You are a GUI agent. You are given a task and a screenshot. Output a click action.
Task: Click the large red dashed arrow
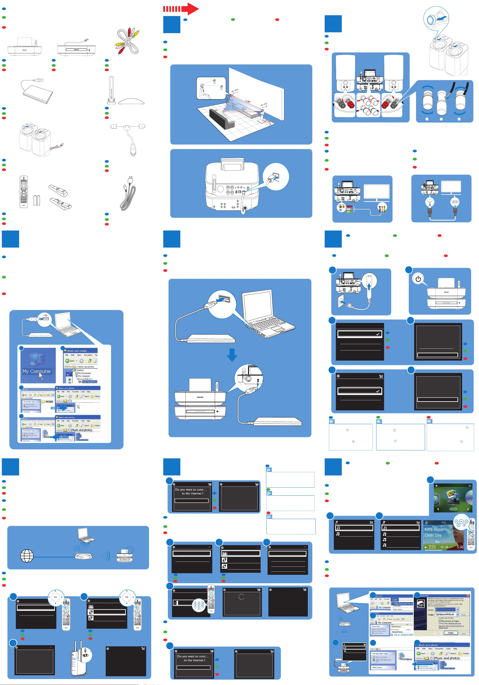coord(181,9)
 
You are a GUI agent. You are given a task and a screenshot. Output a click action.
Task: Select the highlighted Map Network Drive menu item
coord(403,603)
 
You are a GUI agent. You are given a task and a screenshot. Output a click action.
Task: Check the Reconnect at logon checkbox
coord(440,621)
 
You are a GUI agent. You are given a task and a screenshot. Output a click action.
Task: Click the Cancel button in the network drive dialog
coord(463,633)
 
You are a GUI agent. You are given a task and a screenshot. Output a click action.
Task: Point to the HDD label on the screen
coord(453,509)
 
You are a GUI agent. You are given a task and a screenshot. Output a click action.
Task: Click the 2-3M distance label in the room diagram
coord(247,101)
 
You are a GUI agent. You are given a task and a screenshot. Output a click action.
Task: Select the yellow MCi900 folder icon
coord(44,402)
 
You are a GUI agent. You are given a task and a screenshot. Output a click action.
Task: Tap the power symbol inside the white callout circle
coord(418,279)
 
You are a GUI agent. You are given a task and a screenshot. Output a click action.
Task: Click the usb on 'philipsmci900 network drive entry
coord(403,635)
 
